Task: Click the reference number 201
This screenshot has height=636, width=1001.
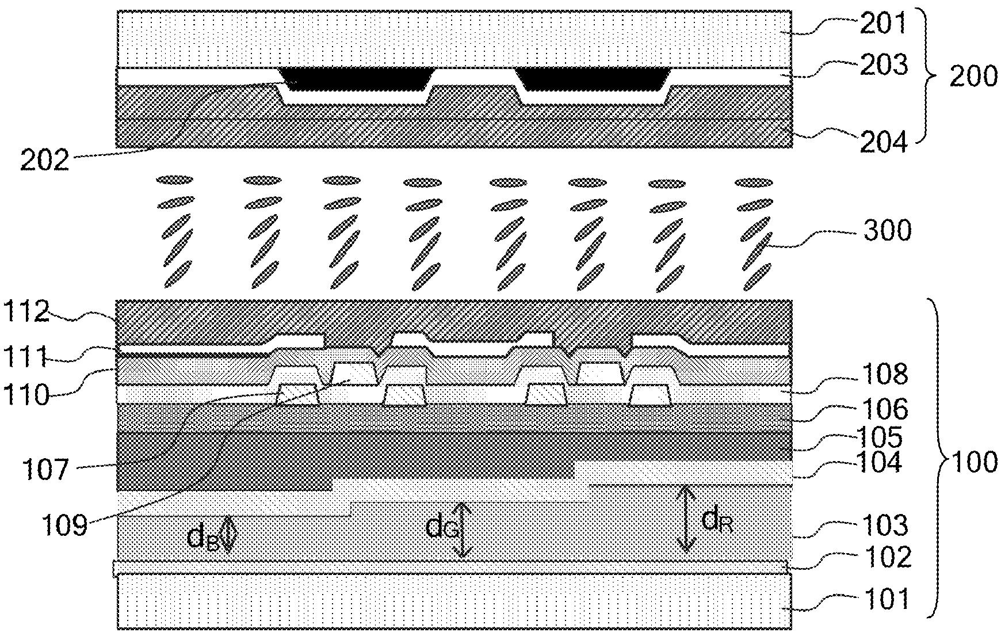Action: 883,24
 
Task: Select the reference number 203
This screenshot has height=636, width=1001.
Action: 884,65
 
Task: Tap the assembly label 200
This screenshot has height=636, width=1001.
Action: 973,77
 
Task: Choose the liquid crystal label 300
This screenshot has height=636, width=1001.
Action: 887,231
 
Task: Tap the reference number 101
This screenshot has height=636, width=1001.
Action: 887,599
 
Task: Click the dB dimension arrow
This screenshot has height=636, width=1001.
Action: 228,534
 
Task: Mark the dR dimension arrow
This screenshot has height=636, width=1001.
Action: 685,519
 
